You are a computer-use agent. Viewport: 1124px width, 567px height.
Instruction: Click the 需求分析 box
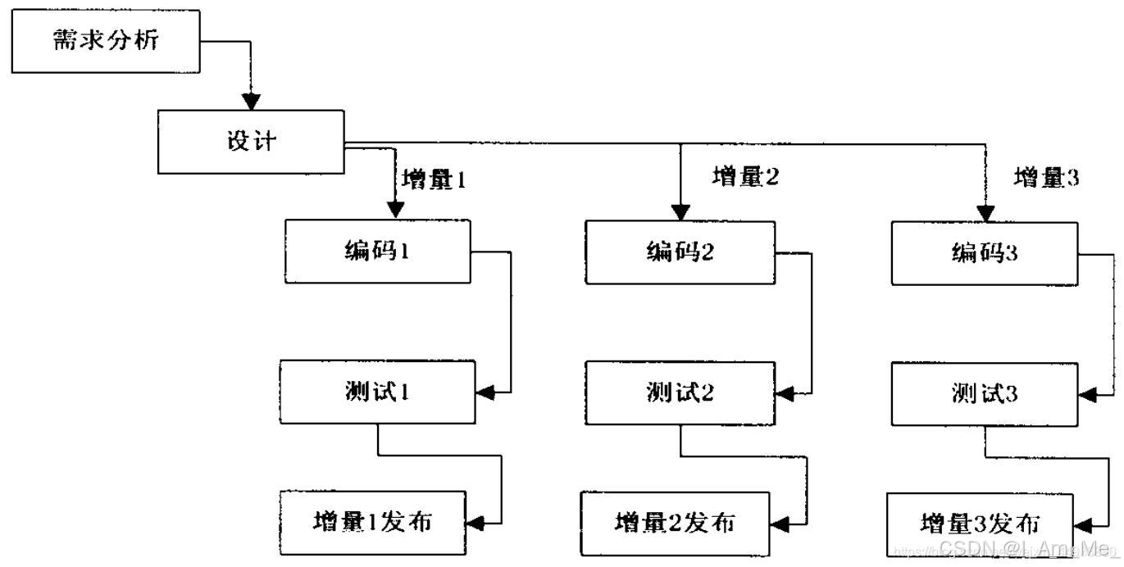tap(107, 41)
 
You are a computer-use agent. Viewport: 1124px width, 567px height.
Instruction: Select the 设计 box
tap(252, 141)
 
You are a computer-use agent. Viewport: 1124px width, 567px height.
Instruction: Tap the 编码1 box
tap(378, 251)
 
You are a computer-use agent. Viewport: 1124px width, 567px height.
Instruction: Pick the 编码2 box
tap(680, 252)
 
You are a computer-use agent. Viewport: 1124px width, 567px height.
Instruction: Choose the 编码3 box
tap(985, 253)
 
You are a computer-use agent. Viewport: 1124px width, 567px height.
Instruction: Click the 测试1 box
tap(377, 392)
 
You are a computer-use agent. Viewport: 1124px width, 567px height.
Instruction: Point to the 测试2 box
tap(680, 394)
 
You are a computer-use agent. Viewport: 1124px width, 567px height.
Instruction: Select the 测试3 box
tap(985, 395)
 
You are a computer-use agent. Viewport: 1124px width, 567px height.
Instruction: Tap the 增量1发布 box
tap(373, 521)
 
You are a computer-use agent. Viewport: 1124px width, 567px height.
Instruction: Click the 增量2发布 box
tap(676, 522)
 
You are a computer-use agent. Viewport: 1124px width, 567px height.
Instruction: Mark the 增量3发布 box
tap(981, 523)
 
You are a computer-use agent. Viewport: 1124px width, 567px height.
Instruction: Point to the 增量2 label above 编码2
tap(745, 176)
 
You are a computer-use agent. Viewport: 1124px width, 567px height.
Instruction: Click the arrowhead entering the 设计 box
tap(253, 102)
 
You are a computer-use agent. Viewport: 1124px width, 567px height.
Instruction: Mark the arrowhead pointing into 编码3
tap(985, 214)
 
